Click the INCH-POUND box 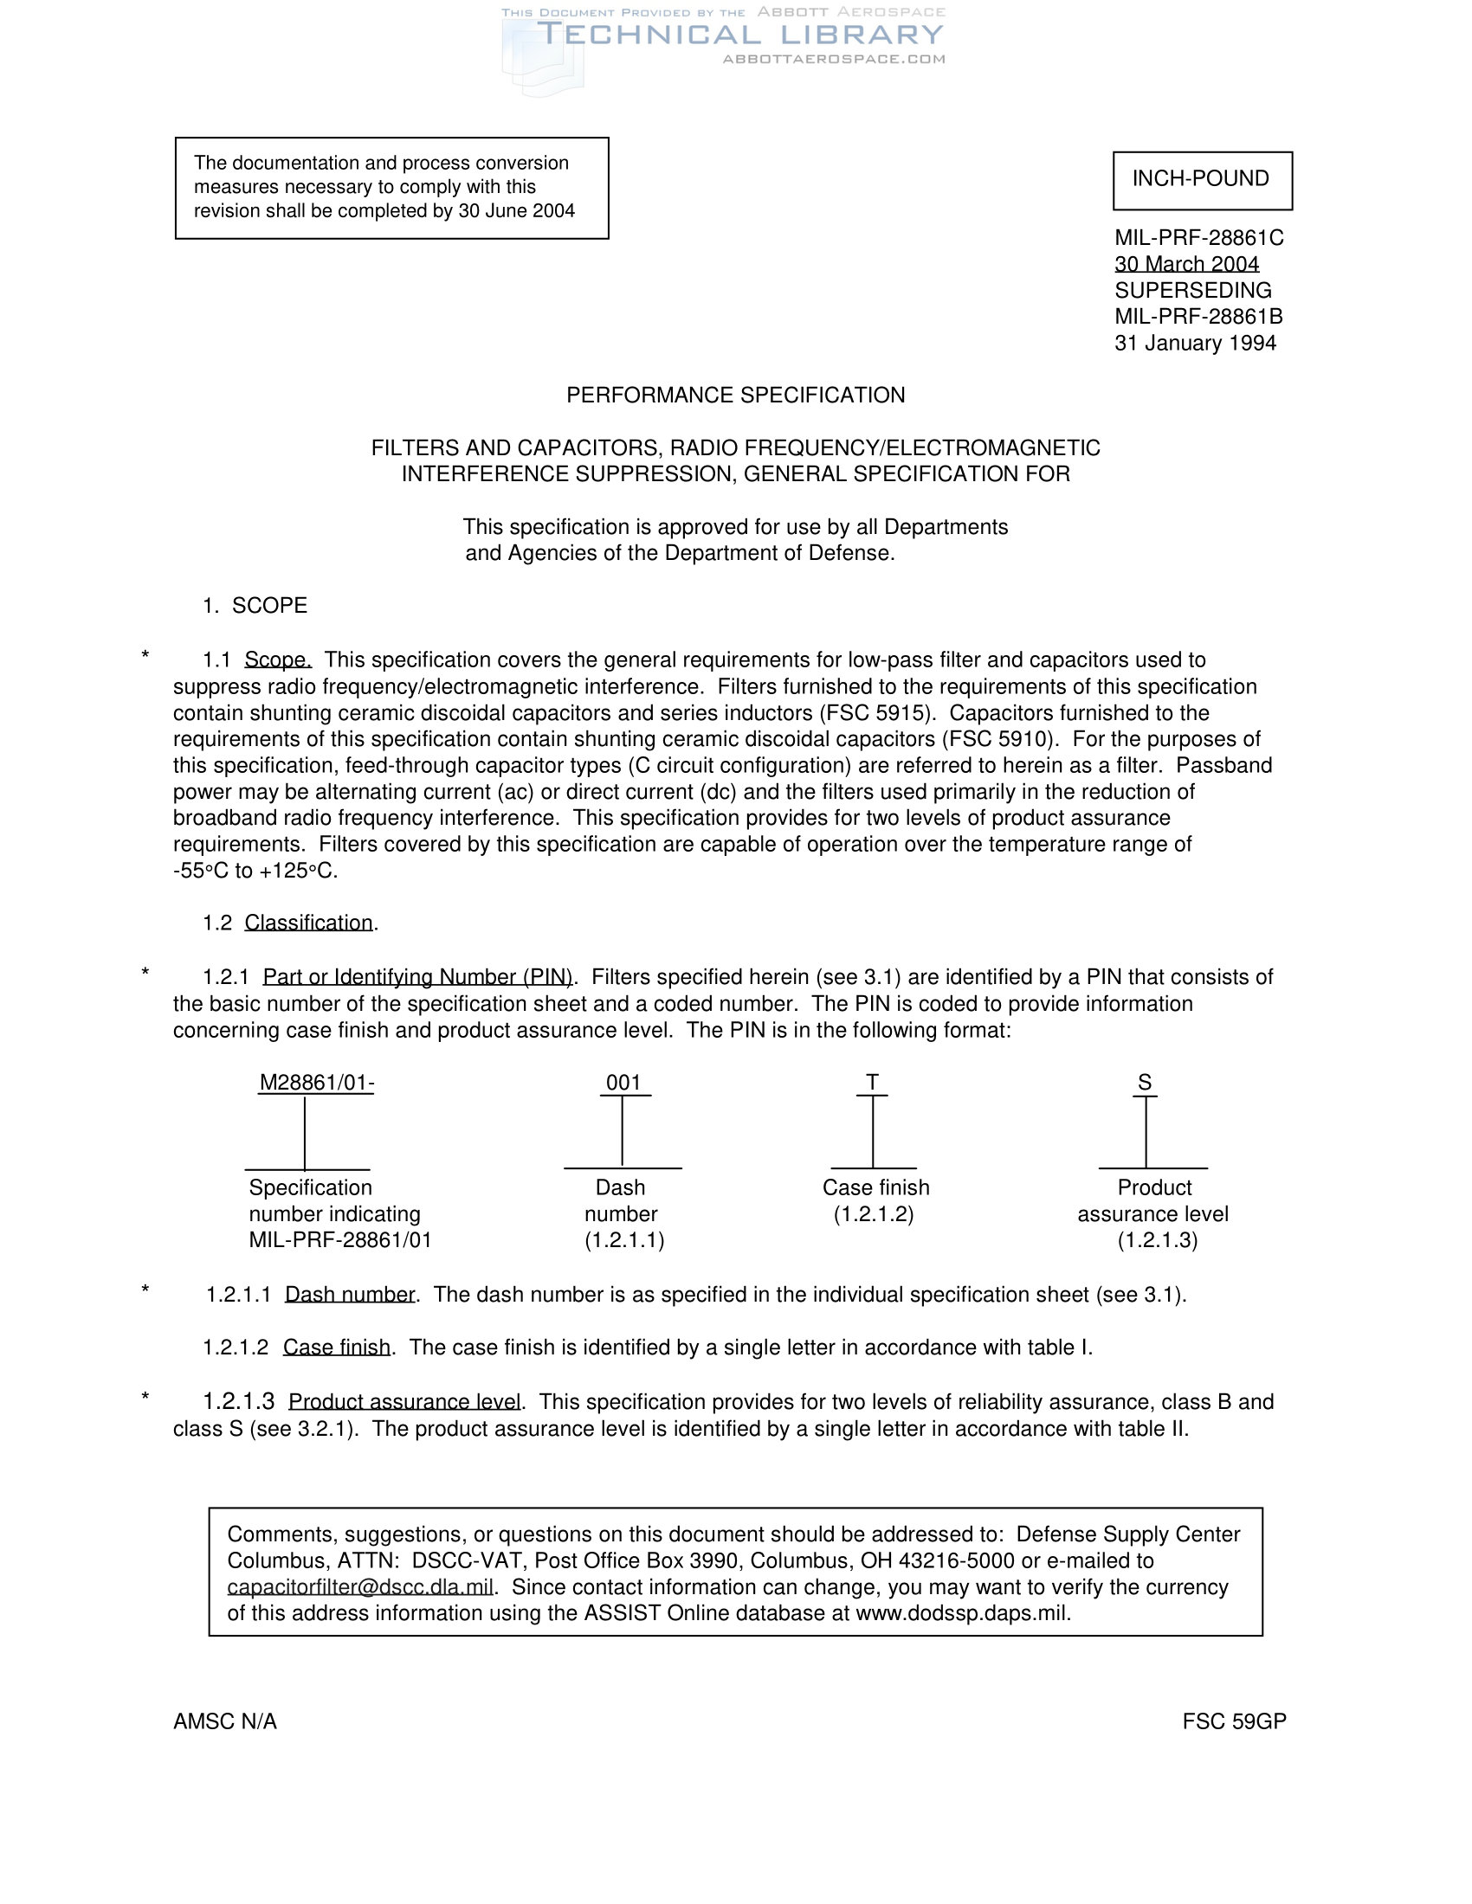tap(1202, 180)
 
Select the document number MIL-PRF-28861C tap(1199, 238)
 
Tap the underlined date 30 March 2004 tap(1187, 264)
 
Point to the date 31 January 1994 tap(1195, 344)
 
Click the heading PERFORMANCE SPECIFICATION tap(735, 396)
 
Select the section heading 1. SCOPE tap(255, 606)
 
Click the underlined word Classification tap(309, 923)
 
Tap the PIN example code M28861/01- tap(317, 1083)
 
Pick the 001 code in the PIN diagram tap(623, 1083)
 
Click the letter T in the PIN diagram tap(872, 1083)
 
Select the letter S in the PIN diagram tap(1145, 1083)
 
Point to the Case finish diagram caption tap(875, 1188)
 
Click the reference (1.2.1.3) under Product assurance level tap(1157, 1240)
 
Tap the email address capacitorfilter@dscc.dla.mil tap(360, 1586)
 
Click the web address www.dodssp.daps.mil tap(962, 1613)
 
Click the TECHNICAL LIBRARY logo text tap(739, 35)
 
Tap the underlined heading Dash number tap(350, 1295)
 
